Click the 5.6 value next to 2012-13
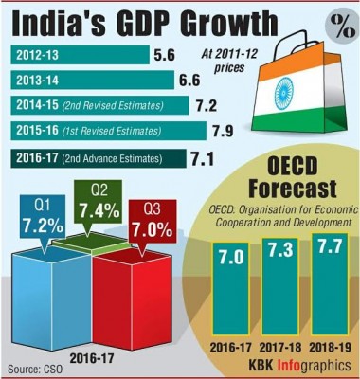click(x=165, y=55)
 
